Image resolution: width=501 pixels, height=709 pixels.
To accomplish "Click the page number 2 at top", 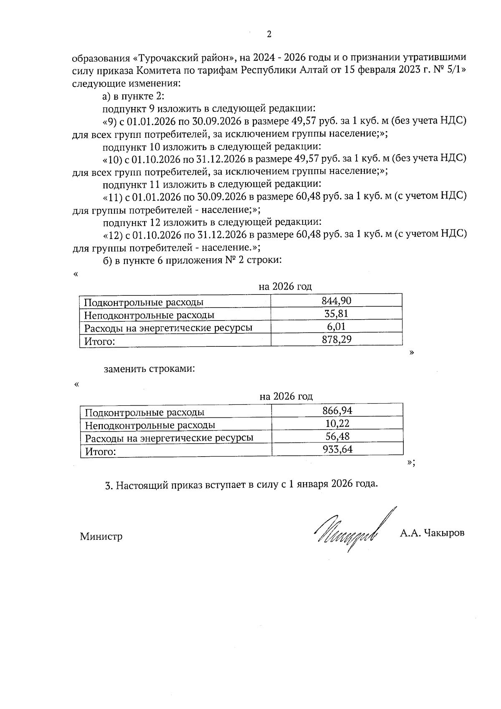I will [269, 35].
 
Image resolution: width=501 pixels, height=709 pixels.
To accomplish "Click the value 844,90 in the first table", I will [337, 300].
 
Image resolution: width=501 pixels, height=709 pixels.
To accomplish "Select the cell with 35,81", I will [337, 314].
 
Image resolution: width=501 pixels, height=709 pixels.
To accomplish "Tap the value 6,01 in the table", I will [337, 327].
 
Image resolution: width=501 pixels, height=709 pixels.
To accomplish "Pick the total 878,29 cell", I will [337, 339].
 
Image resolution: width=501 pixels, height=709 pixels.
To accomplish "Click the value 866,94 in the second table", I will [337, 410].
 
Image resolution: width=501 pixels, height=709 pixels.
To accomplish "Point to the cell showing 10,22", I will [337, 424].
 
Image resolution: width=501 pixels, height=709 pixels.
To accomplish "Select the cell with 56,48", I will [337, 437].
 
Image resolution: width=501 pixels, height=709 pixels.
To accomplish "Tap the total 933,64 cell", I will [337, 450].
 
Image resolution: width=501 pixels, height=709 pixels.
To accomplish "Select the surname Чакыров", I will [444, 533].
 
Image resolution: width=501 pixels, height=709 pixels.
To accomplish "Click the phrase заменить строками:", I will [149, 369].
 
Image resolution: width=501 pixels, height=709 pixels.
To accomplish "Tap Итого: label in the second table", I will [100, 451].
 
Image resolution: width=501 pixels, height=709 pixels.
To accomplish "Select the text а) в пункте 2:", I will [134, 96].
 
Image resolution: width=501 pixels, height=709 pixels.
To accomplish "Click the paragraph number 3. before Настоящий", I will [109, 485].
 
